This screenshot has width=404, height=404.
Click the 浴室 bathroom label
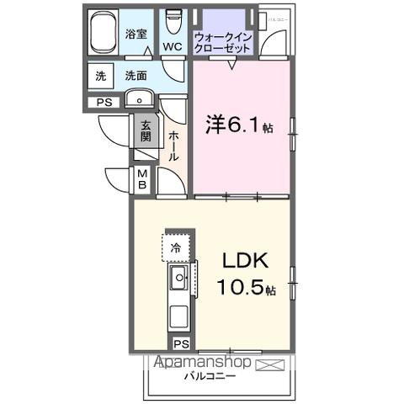click(136, 35)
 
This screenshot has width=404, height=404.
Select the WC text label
click(173, 46)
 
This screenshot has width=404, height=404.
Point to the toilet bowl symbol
click(174, 19)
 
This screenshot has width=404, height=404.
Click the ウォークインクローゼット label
click(222, 43)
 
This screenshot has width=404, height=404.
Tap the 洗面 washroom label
click(137, 76)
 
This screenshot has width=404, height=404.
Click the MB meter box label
click(142, 179)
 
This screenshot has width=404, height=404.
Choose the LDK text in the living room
click(245, 262)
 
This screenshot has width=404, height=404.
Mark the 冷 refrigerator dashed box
click(177, 247)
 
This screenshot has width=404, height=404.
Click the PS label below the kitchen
click(179, 343)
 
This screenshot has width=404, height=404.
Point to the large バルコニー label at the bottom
click(210, 377)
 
